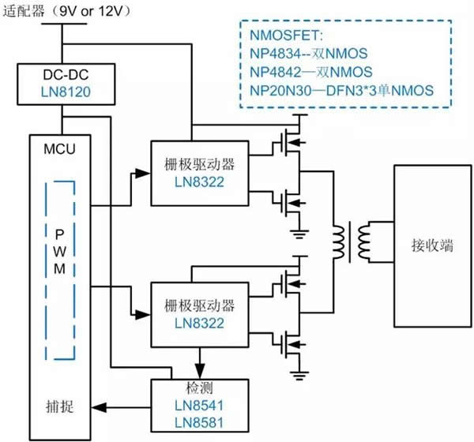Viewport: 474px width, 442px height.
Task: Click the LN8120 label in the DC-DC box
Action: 66,92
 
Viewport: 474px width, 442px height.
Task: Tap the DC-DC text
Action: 66,75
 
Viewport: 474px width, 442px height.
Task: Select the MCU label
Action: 59,149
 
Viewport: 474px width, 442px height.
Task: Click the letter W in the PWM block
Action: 60,251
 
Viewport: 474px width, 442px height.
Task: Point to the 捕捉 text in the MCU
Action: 59,406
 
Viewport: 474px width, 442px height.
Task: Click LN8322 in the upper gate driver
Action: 200,182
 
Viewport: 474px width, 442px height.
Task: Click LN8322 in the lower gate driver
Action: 200,324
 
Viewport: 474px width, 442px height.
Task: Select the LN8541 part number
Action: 200,406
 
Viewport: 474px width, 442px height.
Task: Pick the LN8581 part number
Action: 200,422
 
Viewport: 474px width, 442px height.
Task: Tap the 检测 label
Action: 200,388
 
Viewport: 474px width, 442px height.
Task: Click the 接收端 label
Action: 433,245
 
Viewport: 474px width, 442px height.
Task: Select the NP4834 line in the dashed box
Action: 309,54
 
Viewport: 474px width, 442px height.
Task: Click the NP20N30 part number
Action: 280,90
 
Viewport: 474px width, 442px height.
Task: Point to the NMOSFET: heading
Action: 286,36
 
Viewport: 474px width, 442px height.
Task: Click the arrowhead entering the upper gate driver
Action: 143,173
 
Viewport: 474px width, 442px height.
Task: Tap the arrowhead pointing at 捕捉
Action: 99,407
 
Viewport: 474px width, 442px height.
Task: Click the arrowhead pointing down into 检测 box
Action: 200,371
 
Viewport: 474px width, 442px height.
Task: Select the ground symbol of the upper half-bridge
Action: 299,234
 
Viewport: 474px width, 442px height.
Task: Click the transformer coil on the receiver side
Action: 364,242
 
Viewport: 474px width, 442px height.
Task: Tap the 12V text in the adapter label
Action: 110,12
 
